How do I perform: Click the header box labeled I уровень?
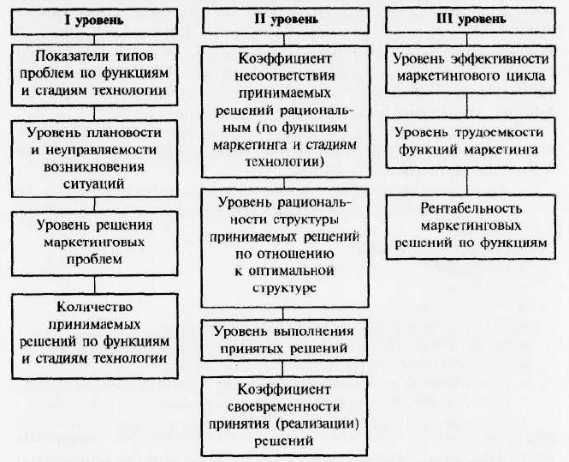point(94,21)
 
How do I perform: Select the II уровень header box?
point(286,21)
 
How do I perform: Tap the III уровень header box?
point(471,21)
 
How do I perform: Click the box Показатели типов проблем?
point(94,75)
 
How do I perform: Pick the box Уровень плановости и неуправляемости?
point(94,159)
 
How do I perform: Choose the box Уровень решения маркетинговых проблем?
point(94,243)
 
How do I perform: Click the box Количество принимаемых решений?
point(95,336)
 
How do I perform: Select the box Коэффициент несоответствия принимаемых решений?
point(286,111)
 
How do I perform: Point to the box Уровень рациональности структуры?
point(285,248)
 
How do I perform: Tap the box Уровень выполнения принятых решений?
point(284,340)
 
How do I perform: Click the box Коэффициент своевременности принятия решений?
point(284,416)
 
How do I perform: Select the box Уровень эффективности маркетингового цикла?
point(471,69)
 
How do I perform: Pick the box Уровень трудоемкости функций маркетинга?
point(471,142)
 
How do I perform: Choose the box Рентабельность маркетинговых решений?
point(471,227)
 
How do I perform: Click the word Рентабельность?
point(471,208)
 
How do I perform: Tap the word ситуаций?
point(94,184)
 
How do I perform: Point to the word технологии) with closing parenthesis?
point(284,161)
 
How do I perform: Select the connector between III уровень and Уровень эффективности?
point(467,39)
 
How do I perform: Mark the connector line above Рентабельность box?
point(467,182)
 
